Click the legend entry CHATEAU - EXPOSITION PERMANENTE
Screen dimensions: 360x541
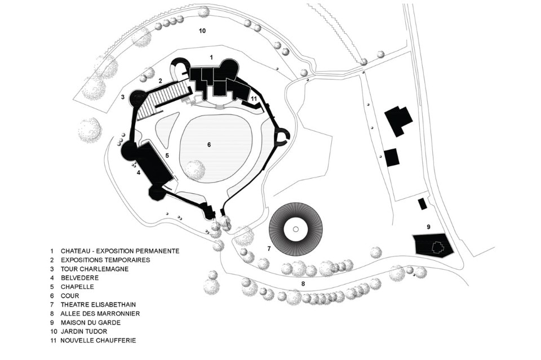tap(120, 251)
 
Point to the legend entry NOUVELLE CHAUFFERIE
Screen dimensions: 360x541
tap(98, 340)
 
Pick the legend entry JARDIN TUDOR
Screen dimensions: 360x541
tap(84, 331)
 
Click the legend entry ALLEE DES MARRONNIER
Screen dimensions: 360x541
tap(100, 313)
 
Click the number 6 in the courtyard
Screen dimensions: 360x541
tap(209, 145)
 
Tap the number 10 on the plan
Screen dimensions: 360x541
tap(202, 30)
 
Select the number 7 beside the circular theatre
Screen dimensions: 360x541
tap(269, 248)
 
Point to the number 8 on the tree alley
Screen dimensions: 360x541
tap(303, 284)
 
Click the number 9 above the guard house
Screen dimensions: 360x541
tap(428, 226)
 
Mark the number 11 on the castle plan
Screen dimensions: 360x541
tap(254, 99)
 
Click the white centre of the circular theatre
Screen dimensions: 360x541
tap(296, 230)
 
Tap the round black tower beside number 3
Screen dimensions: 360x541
tap(138, 100)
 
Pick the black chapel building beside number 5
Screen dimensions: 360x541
tap(152, 163)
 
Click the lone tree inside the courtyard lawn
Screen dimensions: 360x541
tap(194, 170)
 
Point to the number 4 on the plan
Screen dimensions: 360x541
tap(138, 173)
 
